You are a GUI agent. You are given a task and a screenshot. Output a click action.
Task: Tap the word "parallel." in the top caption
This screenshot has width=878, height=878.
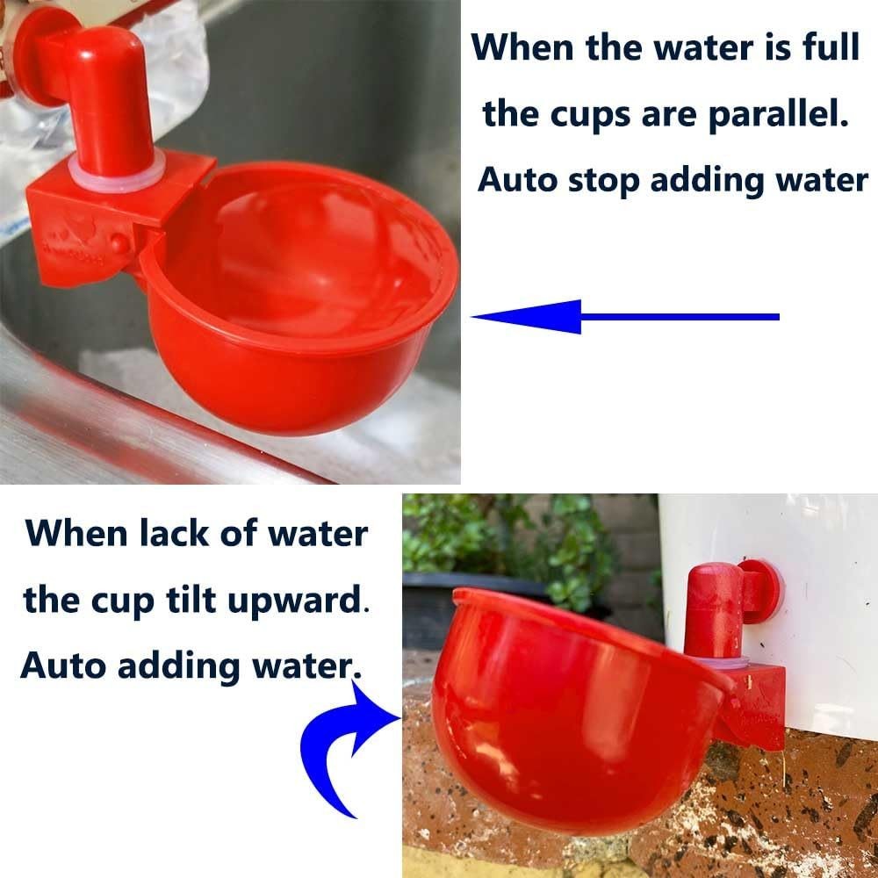(778, 115)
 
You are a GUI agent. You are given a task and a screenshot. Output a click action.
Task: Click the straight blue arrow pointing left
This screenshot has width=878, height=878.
(625, 316)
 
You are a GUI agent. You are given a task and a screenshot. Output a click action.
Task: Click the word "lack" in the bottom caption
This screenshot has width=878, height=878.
(174, 533)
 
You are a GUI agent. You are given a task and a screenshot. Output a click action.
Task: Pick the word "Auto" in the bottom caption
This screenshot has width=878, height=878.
(62, 666)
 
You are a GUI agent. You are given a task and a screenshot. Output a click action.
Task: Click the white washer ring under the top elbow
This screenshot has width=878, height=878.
(117, 171)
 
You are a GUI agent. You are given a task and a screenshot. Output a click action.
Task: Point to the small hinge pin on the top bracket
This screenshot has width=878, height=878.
(119, 243)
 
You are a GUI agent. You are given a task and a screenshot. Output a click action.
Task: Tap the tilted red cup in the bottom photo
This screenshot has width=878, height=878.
(577, 711)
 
